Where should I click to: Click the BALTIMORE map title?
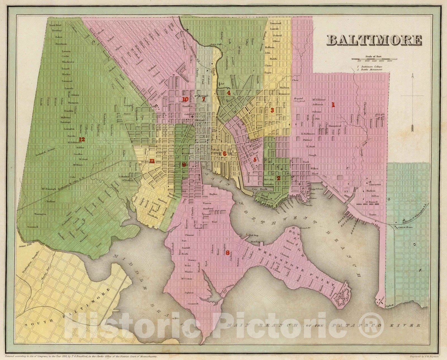[x=374, y=40]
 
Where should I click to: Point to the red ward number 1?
[x=333, y=105]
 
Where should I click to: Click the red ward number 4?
[x=229, y=93]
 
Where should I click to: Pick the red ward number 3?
[x=272, y=110]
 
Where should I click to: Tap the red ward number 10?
[x=185, y=99]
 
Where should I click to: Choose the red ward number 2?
[x=278, y=178]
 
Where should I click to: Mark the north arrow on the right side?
[x=412, y=103]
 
